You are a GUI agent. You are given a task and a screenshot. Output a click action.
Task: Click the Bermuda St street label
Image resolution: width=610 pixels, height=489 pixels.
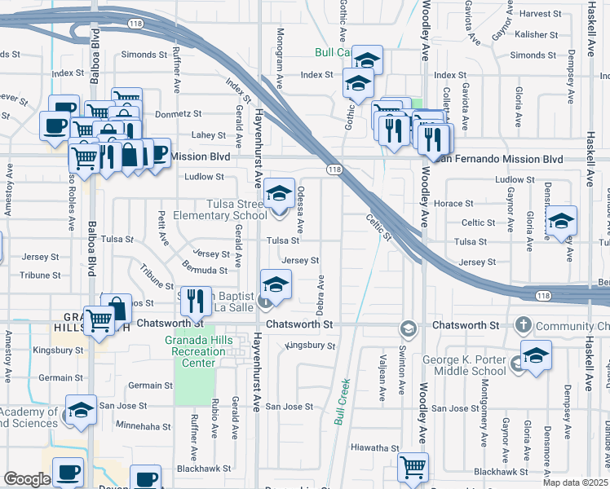pos(204,270)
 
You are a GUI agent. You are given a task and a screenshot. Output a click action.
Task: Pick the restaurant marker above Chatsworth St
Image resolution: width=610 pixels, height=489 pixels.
pos(197,301)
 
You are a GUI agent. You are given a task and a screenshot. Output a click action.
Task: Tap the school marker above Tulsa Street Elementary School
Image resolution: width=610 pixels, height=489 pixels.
pos(280,193)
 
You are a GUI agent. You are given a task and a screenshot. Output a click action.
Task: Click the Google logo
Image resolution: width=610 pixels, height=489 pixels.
pos(27,479)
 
